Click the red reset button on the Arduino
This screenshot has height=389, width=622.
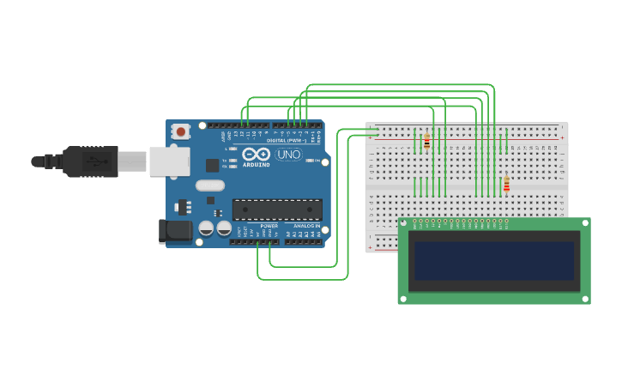(x=181, y=131)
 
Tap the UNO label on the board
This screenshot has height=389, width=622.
(x=288, y=155)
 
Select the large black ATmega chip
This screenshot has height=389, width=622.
(x=277, y=210)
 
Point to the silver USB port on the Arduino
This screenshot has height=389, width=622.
(x=169, y=161)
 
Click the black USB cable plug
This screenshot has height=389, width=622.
(x=90, y=161)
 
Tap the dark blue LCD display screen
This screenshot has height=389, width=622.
(x=493, y=260)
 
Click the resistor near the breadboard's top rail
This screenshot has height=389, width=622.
(x=426, y=141)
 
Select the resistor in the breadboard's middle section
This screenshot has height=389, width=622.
(x=506, y=184)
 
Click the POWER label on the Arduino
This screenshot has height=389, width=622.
(x=269, y=226)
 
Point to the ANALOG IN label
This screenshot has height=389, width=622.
(x=307, y=226)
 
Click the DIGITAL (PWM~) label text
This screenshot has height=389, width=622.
(x=288, y=140)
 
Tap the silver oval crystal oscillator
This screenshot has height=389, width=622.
(x=209, y=185)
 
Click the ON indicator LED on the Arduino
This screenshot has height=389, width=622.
(x=317, y=161)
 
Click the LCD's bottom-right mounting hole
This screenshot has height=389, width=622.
(x=585, y=298)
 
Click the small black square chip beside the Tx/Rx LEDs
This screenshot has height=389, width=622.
(x=213, y=165)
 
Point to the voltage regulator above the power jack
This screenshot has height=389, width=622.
(x=182, y=207)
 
